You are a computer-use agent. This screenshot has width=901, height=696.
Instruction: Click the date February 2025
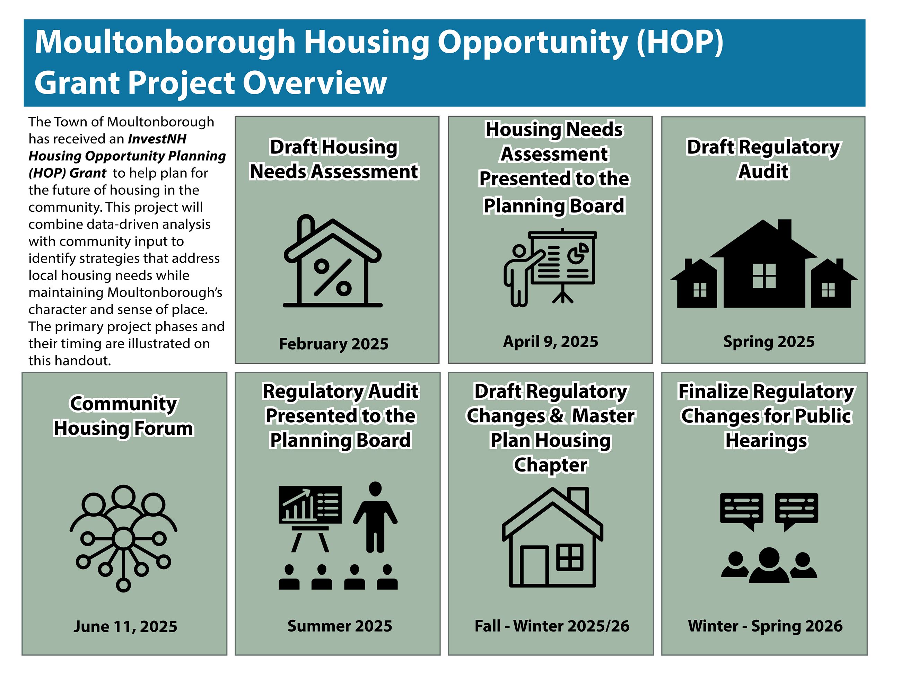(x=333, y=344)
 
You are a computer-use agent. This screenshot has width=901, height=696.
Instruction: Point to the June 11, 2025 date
(x=125, y=626)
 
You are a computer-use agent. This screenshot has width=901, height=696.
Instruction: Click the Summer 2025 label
(x=340, y=626)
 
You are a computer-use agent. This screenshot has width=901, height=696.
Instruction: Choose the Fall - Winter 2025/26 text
(x=552, y=626)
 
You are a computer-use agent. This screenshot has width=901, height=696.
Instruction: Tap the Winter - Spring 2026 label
(x=765, y=626)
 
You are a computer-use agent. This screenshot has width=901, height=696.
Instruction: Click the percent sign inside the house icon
(x=333, y=277)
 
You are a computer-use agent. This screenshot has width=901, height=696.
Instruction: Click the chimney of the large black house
(x=784, y=229)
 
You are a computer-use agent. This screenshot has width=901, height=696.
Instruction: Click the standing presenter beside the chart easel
(x=375, y=518)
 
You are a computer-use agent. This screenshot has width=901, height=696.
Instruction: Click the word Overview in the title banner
(x=315, y=82)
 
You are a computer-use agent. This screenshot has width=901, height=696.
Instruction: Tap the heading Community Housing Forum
(x=123, y=416)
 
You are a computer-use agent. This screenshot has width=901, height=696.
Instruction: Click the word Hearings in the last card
(x=766, y=440)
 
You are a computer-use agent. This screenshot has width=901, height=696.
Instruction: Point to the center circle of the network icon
(x=123, y=538)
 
